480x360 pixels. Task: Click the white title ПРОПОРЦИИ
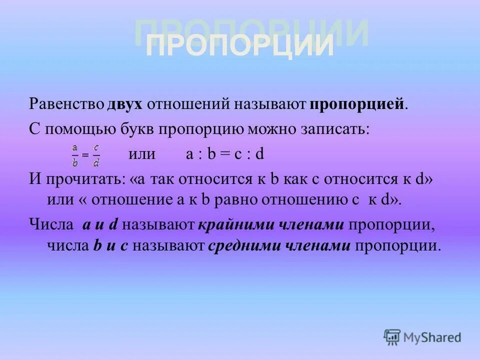239,47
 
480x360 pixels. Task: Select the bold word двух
125,104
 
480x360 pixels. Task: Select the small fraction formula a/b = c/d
85,155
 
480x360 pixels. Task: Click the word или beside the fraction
142,154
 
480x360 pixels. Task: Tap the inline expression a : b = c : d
225,154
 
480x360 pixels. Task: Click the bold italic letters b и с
115,245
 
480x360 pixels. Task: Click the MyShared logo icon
392,337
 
